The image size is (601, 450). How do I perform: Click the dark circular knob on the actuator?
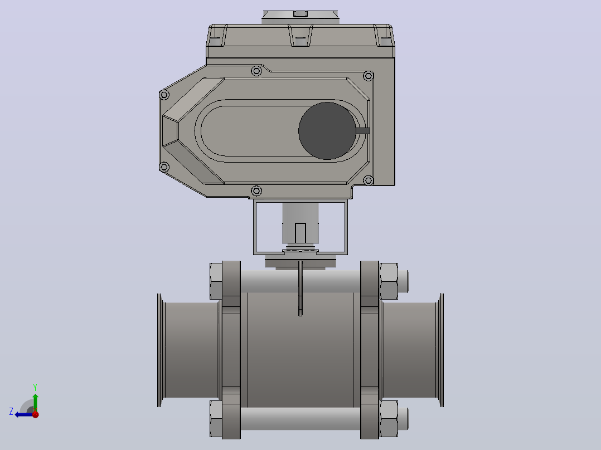[x=327, y=130]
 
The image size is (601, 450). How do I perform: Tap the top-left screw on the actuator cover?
[x=164, y=95]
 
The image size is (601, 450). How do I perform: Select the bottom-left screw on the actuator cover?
[x=164, y=167]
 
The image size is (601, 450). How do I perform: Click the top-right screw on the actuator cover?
[x=369, y=76]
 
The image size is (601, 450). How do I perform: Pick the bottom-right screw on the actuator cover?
[x=369, y=180]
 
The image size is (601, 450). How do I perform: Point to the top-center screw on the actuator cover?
[x=256, y=71]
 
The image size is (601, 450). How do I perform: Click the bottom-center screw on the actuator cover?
[x=256, y=190]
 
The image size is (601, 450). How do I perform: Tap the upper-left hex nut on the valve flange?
[x=216, y=281]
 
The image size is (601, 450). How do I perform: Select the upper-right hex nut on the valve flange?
[x=389, y=281]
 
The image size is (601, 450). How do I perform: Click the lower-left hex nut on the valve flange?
[x=216, y=419]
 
